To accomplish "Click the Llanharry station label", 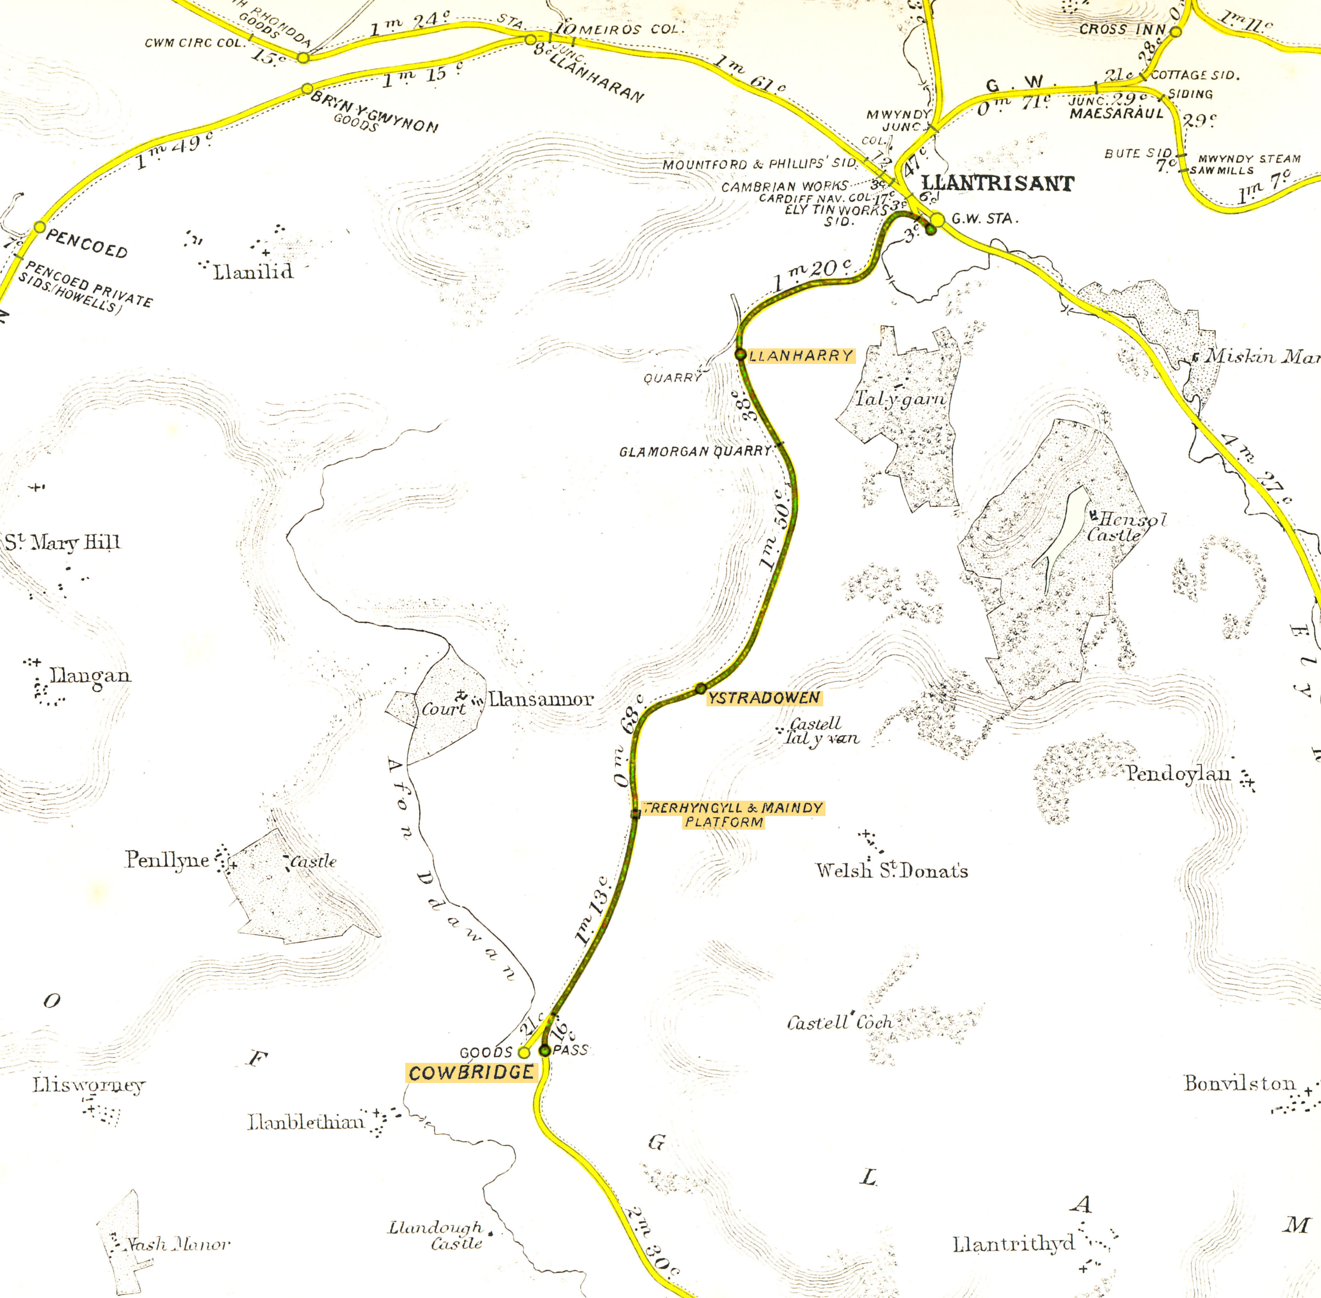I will pyautogui.click(x=801, y=356).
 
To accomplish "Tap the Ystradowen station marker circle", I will pyautogui.click(x=700, y=688).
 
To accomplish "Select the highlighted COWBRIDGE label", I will pyautogui.click(x=471, y=1072).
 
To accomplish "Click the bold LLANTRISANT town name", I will pyautogui.click(x=997, y=183).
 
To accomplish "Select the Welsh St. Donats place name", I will pyautogui.click(x=892, y=870).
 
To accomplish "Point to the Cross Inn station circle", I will pyautogui.click(x=1175, y=31).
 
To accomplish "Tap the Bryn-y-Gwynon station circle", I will pyautogui.click(x=307, y=89).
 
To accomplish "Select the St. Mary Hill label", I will pyautogui.click(x=63, y=543).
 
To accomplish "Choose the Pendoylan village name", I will pyautogui.click(x=1178, y=774).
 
